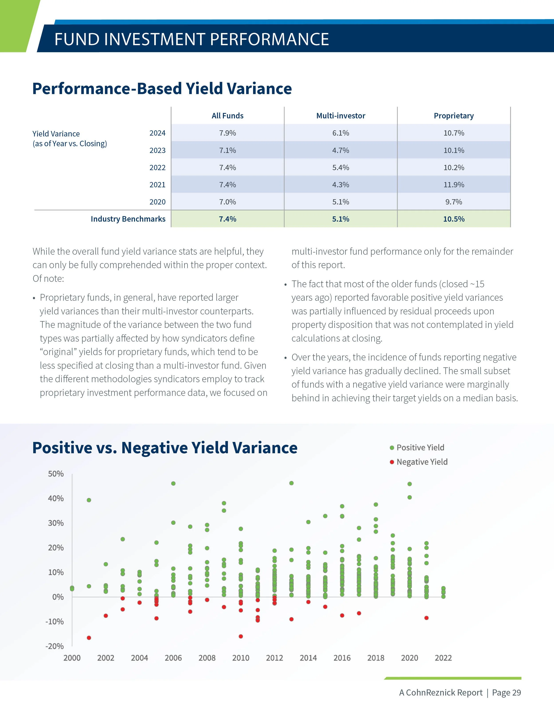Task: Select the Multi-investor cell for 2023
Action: click(340, 150)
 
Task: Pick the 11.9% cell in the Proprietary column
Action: click(454, 185)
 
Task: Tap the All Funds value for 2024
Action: click(227, 133)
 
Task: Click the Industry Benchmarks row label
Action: click(128, 219)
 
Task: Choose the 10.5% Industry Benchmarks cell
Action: click(454, 219)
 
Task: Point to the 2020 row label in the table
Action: click(158, 202)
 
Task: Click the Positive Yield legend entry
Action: click(420, 447)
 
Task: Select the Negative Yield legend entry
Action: click(422, 462)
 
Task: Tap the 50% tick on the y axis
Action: click(56, 474)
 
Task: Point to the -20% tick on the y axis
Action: click(55, 646)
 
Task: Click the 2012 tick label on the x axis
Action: click(274, 658)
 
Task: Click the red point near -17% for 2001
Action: click(89, 638)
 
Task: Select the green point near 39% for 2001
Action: click(89, 500)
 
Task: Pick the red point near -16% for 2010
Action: click(241, 636)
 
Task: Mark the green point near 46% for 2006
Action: click(173, 483)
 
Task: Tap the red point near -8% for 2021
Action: click(426, 618)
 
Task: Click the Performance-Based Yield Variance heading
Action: click(162, 89)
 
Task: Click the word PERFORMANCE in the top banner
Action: click(269, 39)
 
